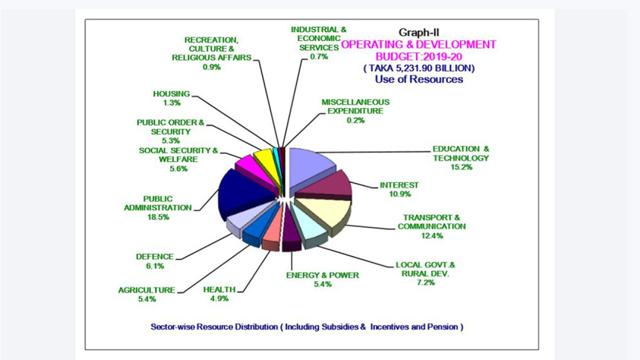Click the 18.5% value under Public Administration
(158, 217)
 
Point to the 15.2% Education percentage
(461, 167)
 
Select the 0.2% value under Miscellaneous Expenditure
(355, 120)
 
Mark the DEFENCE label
(155, 256)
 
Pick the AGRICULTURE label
(146, 290)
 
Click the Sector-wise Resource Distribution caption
(306, 327)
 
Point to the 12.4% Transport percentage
(431, 235)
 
